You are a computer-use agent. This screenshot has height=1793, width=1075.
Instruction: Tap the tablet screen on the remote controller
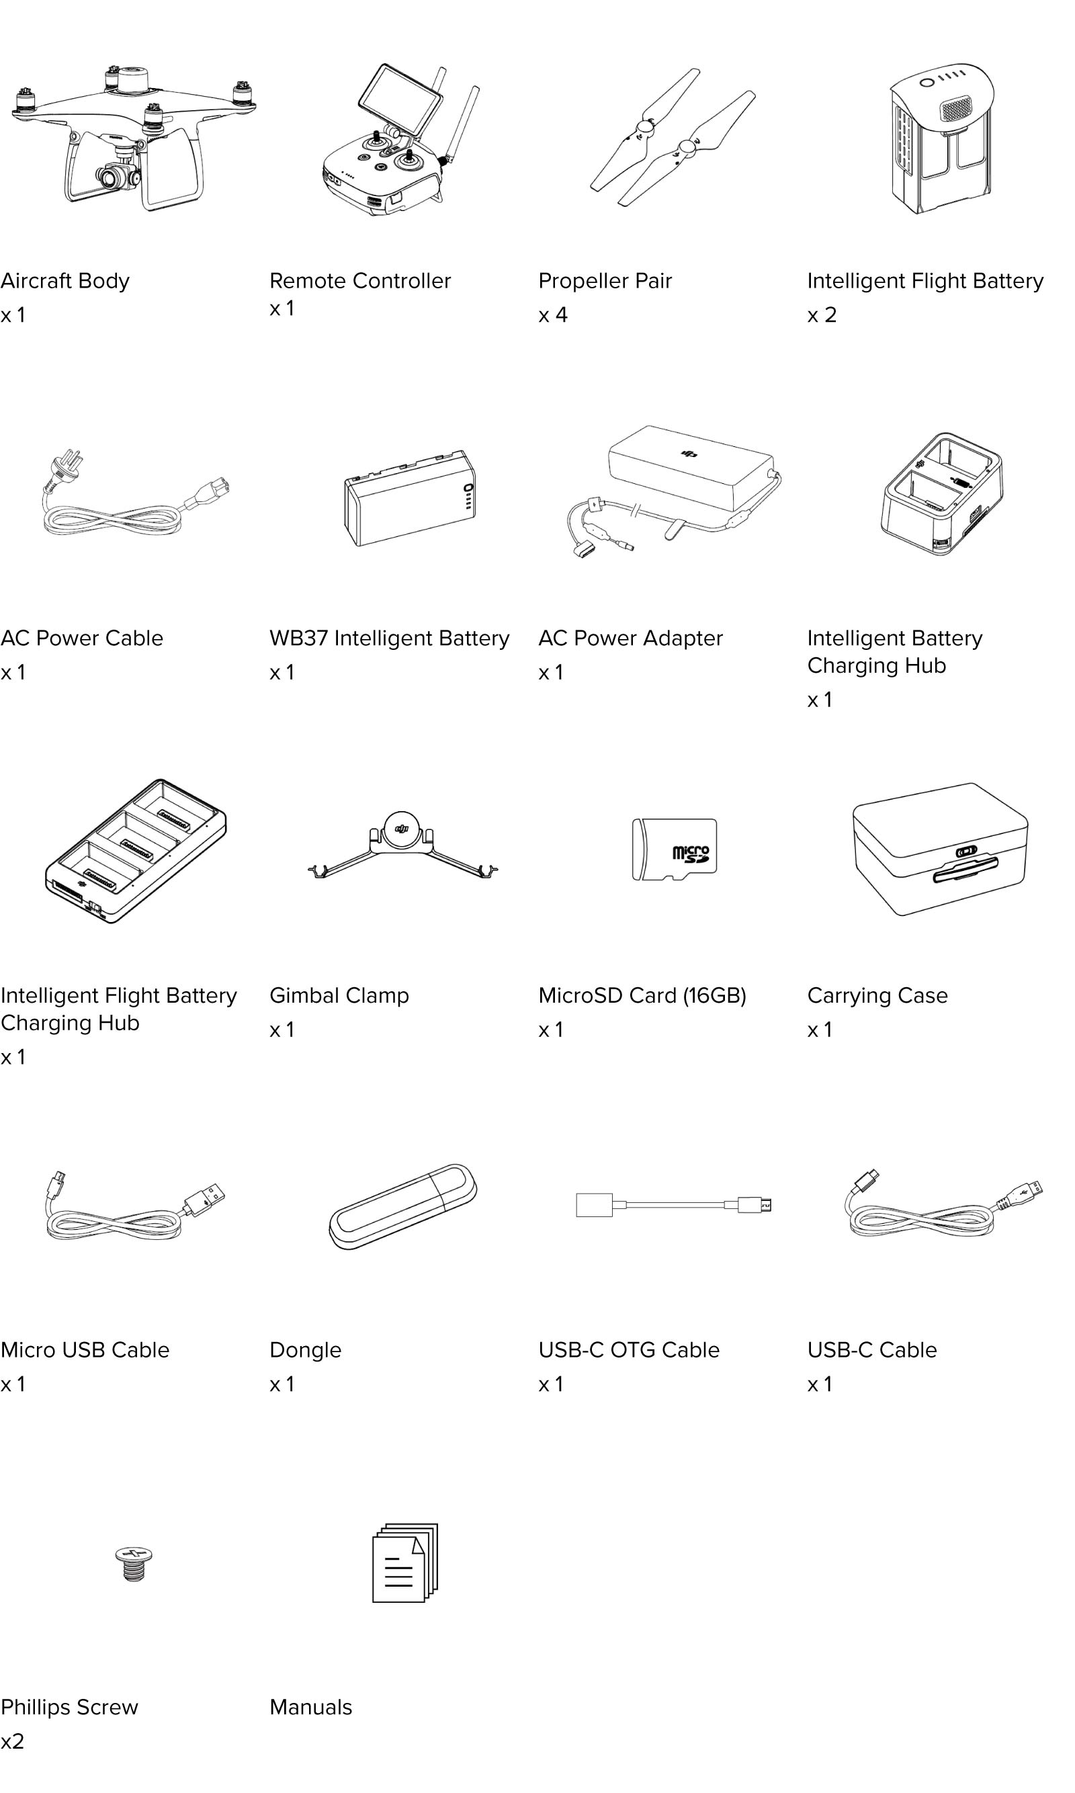[x=400, y=100]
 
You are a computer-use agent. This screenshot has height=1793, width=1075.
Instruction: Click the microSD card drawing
[x=675, y=849]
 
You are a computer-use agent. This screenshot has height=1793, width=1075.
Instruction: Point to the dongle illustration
[x=402, y=1206]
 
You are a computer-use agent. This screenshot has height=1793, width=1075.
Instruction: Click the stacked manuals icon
[x=405, y=1562]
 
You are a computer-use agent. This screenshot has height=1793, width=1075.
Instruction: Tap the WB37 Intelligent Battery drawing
[x=410, y=498]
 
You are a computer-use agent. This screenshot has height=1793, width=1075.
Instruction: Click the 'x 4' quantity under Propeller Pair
[x=553, y=315]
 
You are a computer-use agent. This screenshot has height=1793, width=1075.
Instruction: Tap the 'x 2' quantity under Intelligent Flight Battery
[x=822, y=315]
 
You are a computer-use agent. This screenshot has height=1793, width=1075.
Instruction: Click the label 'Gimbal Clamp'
[x=339, y=995]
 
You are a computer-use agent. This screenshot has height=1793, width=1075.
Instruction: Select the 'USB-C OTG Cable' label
[x=629, y=1349]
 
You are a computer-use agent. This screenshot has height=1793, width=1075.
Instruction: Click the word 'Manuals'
[x=311, y=1707]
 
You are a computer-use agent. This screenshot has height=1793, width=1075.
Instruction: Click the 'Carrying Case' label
[x=877, y=995]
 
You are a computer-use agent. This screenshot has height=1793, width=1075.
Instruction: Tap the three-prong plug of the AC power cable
[x=67, y=464]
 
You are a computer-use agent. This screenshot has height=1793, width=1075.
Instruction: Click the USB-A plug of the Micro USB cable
[x=205, y=1198]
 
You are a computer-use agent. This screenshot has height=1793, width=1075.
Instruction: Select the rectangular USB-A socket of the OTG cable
[x=594, y=1205]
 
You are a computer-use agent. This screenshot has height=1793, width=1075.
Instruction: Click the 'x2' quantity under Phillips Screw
[x=12, y=1741]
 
